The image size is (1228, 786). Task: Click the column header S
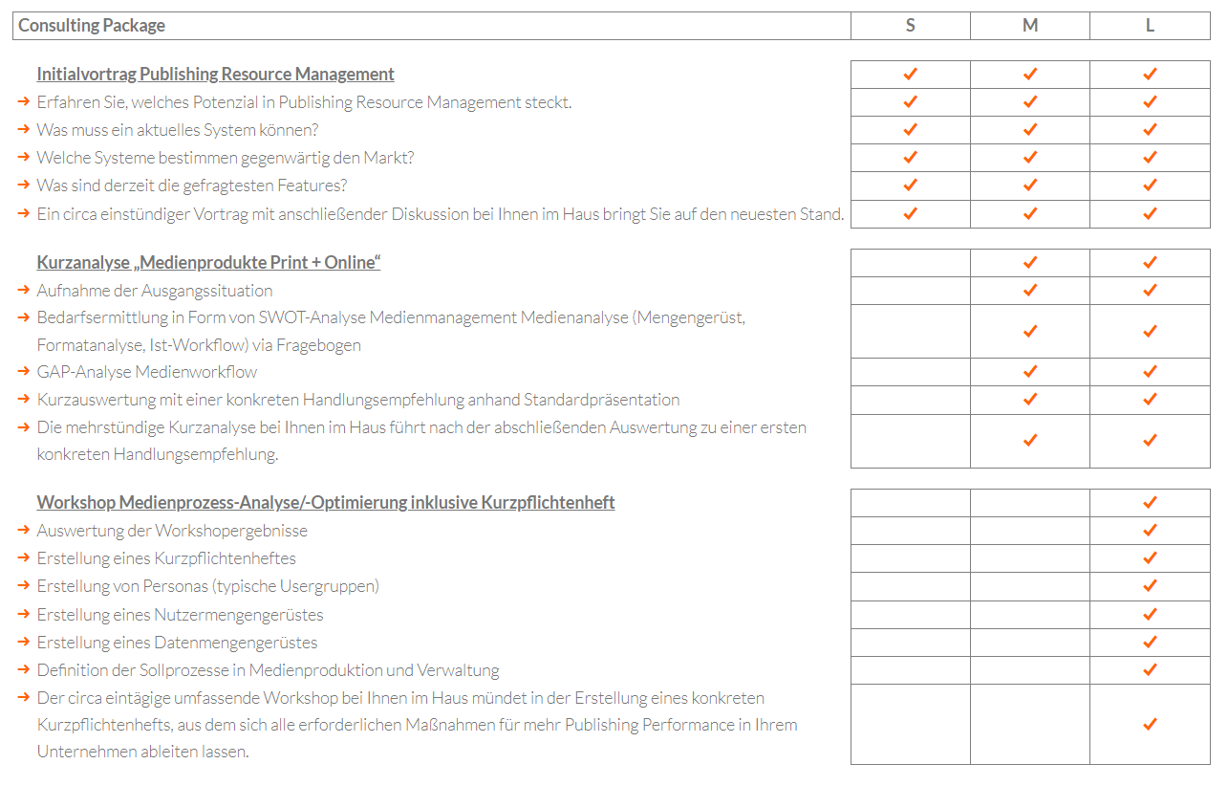tap(910, 26)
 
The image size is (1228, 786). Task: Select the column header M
tap(1029, 26)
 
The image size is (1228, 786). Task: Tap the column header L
tap(1150, 26)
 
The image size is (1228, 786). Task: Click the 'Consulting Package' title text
tap(92, 26)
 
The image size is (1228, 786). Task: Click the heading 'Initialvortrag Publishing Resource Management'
tap(215, 75)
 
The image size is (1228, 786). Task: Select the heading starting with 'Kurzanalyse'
tap(208, 263)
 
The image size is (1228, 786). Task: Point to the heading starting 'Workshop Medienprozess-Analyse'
tap(325, 503)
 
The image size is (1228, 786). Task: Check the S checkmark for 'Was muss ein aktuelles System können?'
tap(910, 130)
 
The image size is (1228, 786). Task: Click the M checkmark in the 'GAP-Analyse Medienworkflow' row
tap(1029, 372)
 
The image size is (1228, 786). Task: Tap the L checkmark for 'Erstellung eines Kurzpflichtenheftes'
tap(1150, 558)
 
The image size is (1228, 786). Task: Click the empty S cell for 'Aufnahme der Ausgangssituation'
tap(910, 291)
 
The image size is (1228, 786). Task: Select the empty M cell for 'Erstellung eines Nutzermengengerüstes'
tap(1029, 614)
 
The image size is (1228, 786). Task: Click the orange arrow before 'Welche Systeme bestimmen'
tap(24, 158)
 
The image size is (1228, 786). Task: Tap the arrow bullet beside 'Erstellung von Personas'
tap(24, 586)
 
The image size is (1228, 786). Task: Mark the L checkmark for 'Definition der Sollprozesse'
tap(1150, 669)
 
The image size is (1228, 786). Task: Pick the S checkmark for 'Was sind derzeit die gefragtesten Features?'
tap(910, 186)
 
